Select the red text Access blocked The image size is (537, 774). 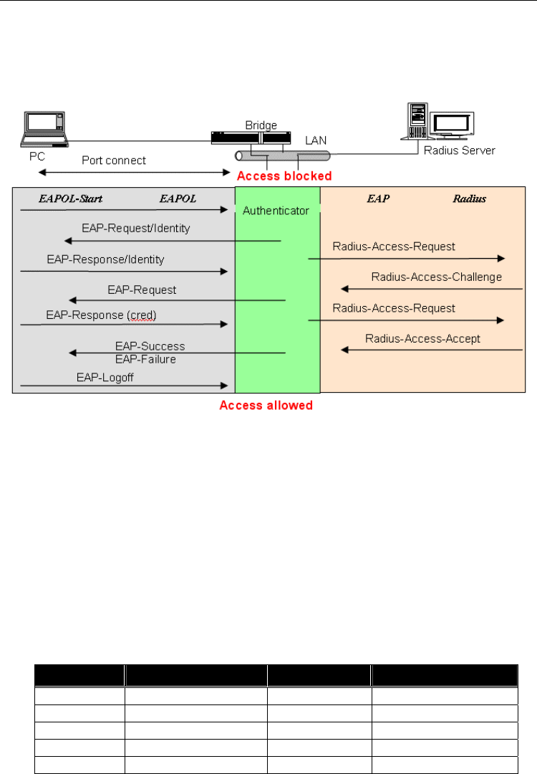(x=284, y=176)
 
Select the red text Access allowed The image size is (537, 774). (x=266, y=406)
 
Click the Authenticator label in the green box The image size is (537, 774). (x=276, y=211)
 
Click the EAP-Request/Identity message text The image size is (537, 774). (x=136, y=229)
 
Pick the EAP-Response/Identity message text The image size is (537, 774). (x=105, y=259)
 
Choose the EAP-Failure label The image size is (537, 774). (x=145, y=358)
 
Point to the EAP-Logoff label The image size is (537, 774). (x=105, y=376)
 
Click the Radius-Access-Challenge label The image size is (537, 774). (x=436, y=277)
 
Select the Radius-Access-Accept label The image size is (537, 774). (x=422, y=338)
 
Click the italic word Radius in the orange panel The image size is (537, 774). (x=469, y=198)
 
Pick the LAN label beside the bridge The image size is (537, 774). (x=316, y=142)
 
